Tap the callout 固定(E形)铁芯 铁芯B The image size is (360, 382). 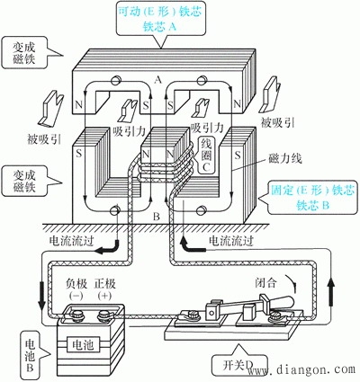click(310, 198)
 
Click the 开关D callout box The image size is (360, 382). click(236, 367)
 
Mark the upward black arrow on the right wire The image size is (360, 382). click(336, 291)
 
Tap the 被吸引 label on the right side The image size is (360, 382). click(276, 120)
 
